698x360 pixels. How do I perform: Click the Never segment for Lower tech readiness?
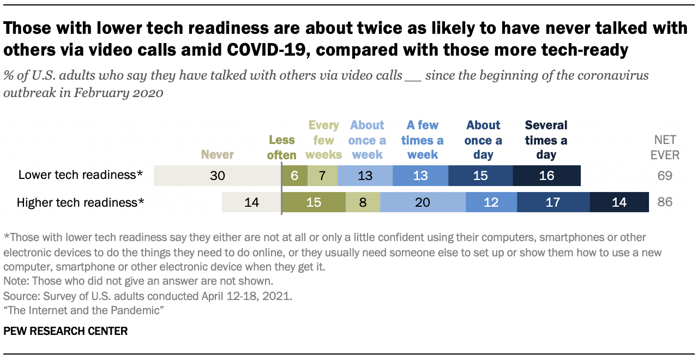pos(218,176)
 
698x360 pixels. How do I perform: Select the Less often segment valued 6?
pos(294,176)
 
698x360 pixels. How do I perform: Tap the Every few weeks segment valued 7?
pos(322,176)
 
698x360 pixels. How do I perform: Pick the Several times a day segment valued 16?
pos(546,176)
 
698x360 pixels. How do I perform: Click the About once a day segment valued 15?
pos(480,176)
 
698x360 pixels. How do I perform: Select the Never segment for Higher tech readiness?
pos(251,202)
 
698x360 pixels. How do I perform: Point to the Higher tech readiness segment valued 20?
pos(423,202)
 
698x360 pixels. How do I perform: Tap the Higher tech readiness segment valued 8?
pos(363,202)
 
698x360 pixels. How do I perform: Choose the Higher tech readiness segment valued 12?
pos(491,202)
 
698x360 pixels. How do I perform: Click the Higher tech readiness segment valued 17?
pos(553,202)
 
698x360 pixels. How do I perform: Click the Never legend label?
pos(218,154)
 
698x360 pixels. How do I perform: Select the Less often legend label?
pos(281,147)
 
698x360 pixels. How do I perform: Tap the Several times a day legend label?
pos(546,140)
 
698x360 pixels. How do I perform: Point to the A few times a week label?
pos(423,140)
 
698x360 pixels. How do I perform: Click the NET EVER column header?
pos(664,147)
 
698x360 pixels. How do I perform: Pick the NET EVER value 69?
pos(665,176)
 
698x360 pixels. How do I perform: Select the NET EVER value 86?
pos(665,202)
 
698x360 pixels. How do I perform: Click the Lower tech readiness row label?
pos(81,175)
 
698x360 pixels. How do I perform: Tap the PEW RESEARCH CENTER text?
pos(65,331)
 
